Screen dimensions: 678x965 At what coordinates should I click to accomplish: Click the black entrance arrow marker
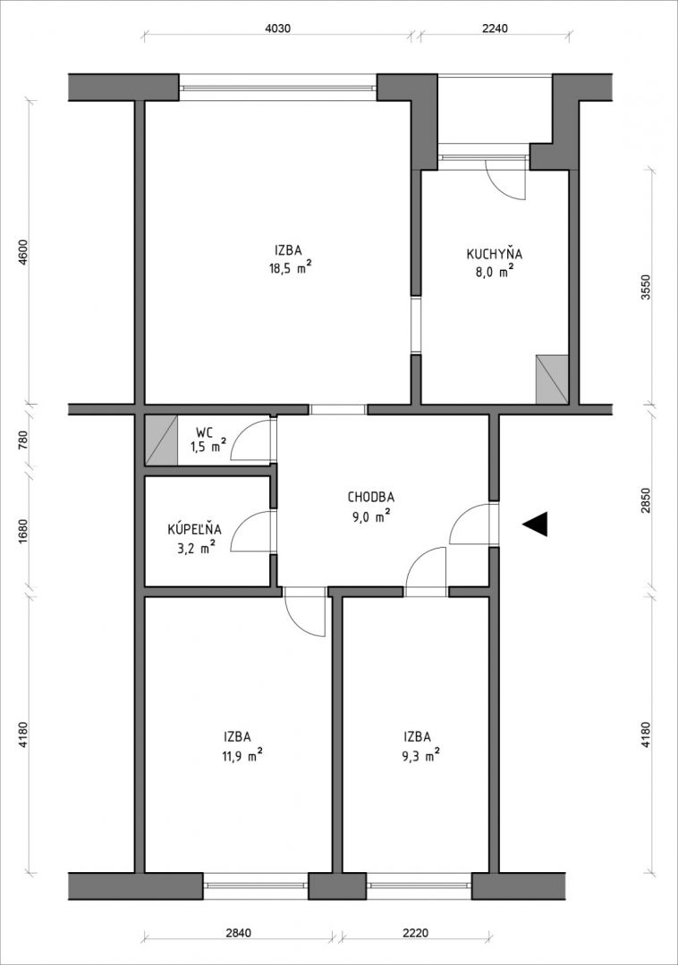(535, 524)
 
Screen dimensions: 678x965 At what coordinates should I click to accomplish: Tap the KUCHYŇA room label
(495, 254)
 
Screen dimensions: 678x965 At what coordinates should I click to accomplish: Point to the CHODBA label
(370, 497)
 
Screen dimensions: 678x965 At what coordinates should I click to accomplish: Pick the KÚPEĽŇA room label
(195, 529)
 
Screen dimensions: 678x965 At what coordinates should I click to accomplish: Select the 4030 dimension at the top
(277, 28)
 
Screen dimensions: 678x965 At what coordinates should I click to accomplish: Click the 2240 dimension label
(496, 28)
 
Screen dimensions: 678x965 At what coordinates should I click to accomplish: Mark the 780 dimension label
(23, 441)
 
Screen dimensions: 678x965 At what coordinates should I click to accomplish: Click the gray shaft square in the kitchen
(552, 379)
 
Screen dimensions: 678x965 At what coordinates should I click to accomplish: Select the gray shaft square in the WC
(161, 440)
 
